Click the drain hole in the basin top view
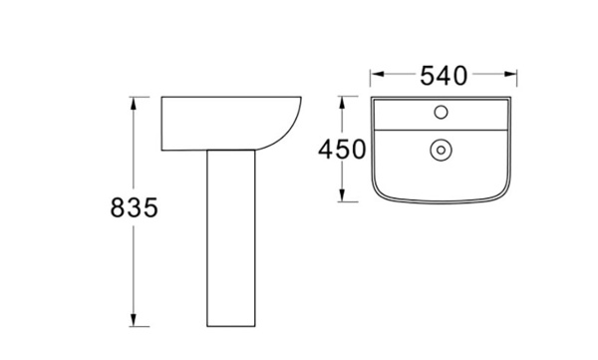point(439,151)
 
